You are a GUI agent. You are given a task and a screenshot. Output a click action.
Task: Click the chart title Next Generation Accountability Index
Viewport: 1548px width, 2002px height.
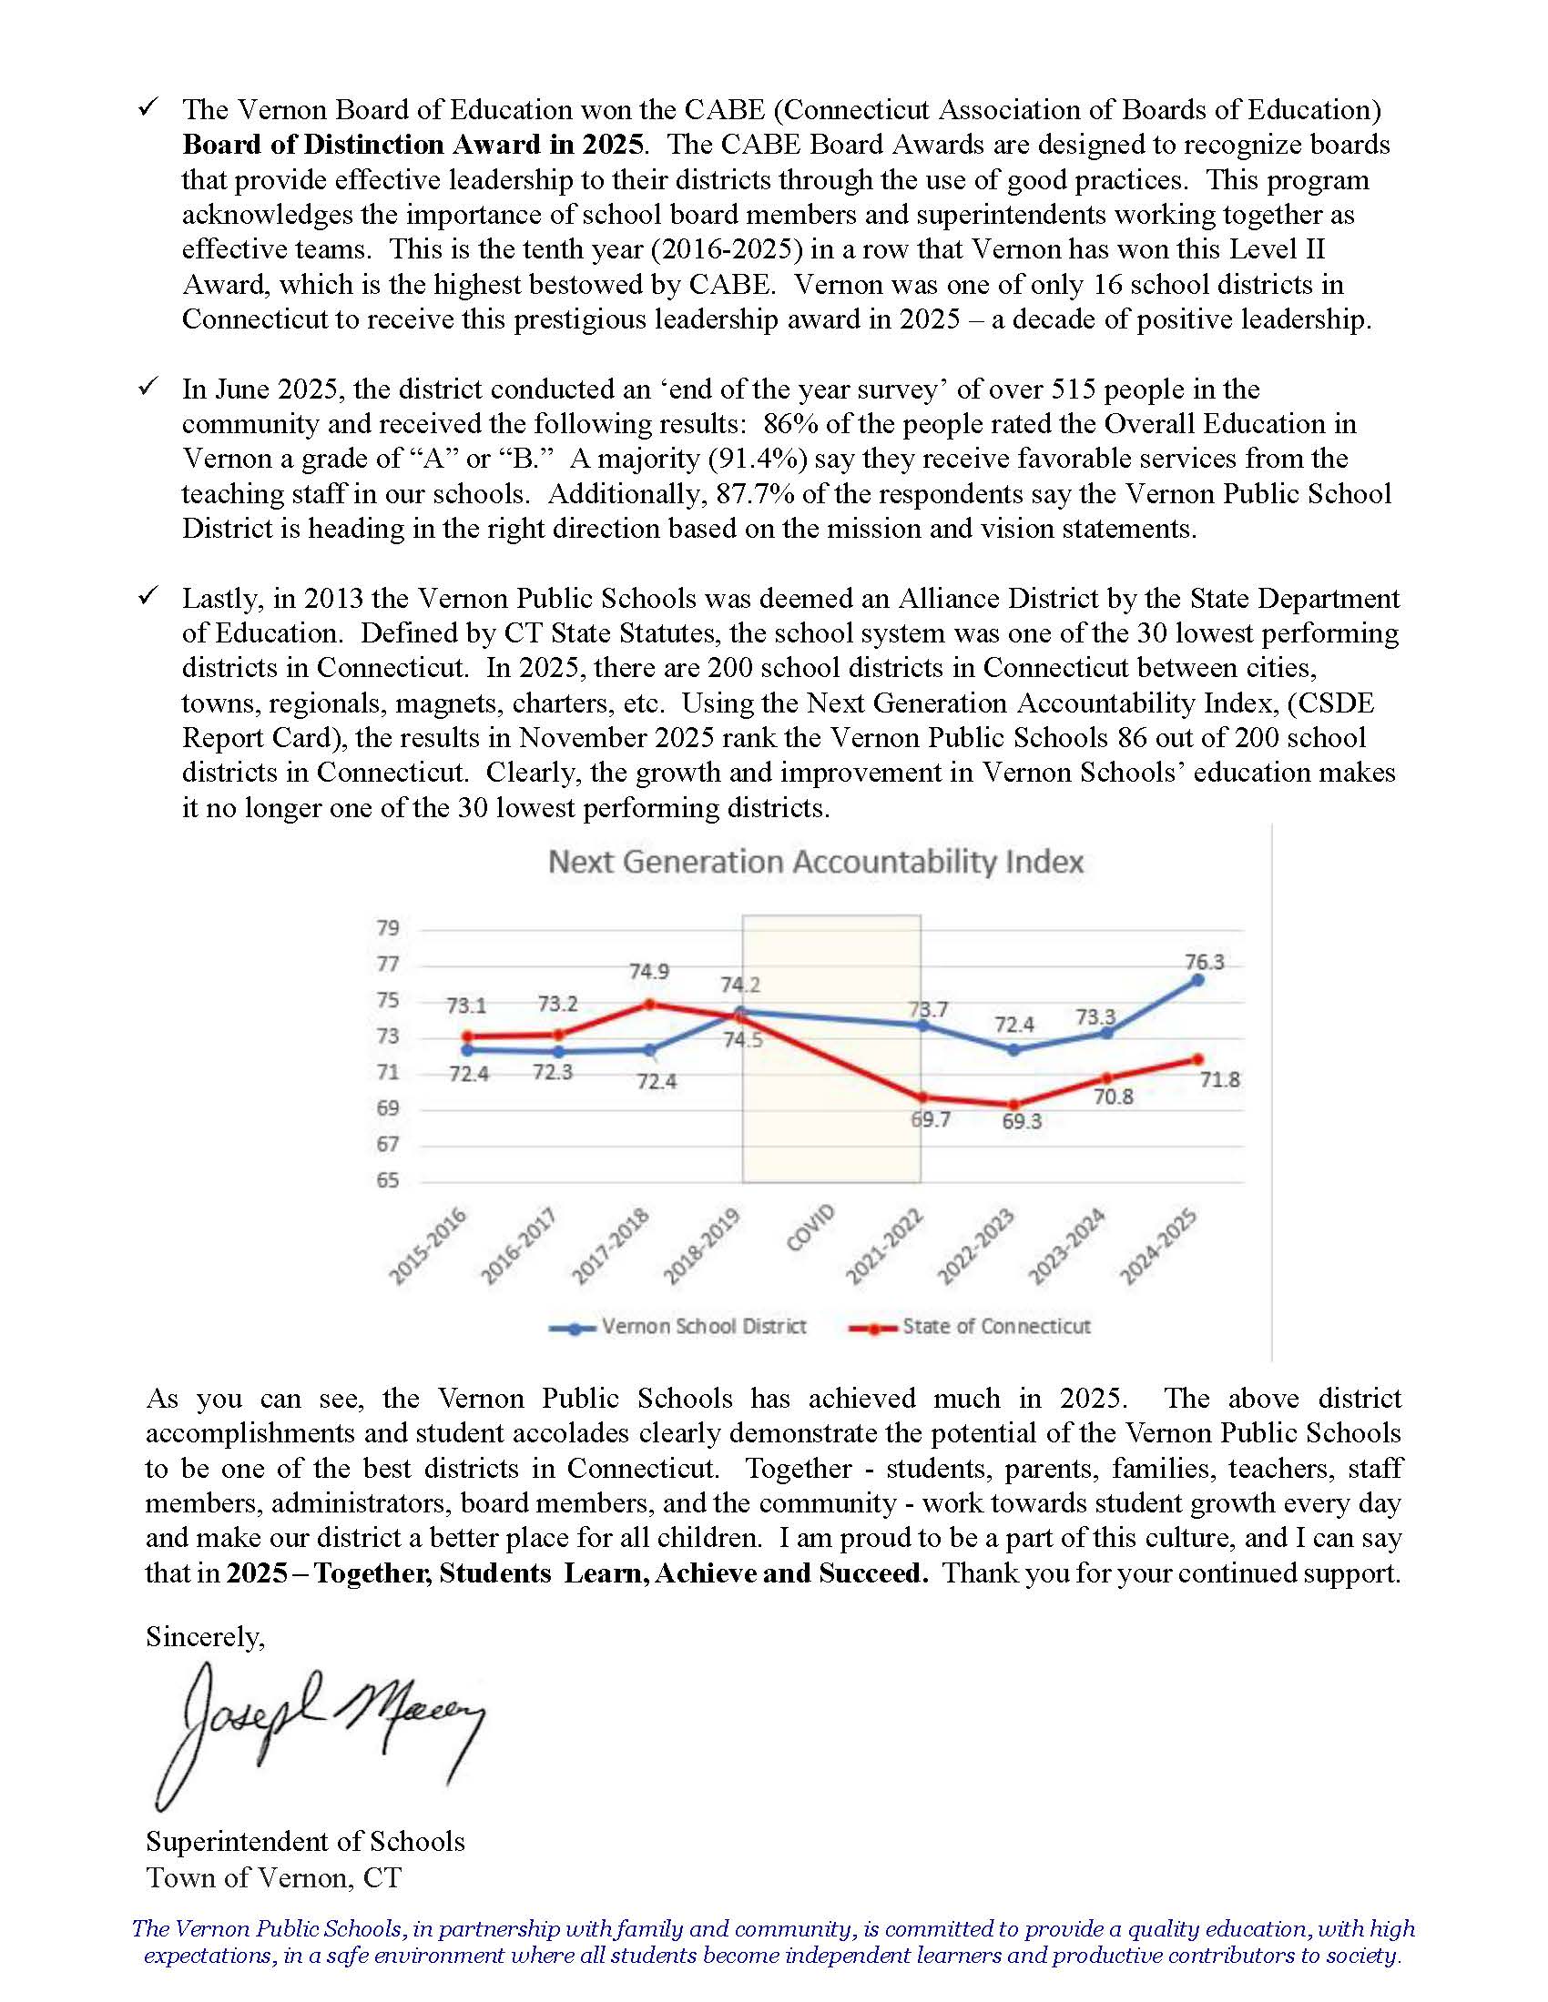[x=815, y=862]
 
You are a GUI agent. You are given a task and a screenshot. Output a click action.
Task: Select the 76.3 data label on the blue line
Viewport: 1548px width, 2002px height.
[x=1204, y=962]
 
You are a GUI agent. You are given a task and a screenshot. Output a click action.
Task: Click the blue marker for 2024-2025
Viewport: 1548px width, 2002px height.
[x=1197, y=980]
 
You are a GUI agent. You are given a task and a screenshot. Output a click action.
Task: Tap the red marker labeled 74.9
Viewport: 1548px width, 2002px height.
[x=649, y=1004]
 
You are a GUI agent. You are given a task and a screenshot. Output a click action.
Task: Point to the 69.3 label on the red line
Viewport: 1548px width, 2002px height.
[x=1021, y=1121]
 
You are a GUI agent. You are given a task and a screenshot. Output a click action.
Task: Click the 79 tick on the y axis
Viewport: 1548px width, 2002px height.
[x=388, y=927]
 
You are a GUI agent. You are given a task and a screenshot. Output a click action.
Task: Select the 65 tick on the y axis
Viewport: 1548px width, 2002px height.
[x=388, y=1180]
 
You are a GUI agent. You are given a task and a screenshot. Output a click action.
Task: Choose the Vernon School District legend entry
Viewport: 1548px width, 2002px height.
[x=678, y=1327]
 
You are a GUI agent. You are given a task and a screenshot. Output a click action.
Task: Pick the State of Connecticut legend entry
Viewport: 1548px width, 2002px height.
[x=972, y=1327]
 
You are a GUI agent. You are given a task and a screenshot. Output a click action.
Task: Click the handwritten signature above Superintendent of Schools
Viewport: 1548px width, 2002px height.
[x=321, y=1724]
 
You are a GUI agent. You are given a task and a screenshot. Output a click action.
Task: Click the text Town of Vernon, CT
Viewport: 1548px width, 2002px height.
[x=273, y=1877]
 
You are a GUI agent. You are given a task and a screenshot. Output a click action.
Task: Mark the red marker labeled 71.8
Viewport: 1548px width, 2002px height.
[x=1197, y=1058]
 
